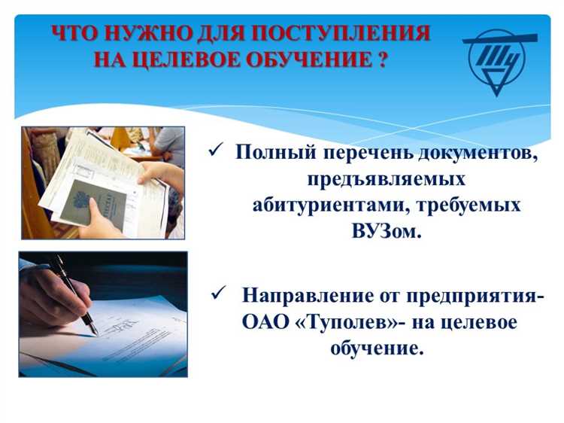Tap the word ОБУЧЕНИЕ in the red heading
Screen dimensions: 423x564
(310, 59)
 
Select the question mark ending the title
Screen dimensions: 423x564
(381, 59)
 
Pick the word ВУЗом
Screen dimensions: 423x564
(386, 231)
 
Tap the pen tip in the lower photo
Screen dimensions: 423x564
(93, 331)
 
